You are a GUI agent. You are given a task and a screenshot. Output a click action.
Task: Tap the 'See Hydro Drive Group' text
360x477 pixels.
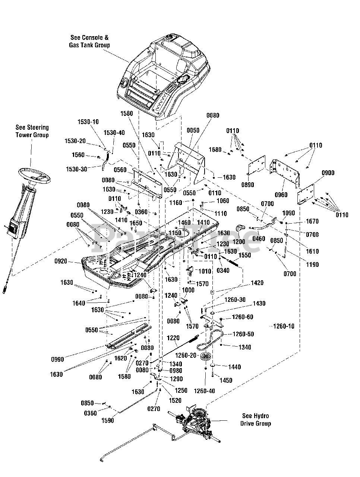[255, 420]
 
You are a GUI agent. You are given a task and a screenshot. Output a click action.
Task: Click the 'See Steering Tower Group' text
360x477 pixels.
[32, 131]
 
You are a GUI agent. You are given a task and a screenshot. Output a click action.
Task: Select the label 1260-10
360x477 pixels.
[284, 326]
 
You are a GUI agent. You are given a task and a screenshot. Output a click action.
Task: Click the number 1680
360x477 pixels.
[215, 150]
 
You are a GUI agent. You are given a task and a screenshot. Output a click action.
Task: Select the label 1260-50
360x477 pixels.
[243, 334]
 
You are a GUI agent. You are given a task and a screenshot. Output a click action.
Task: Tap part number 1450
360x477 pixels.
[226, 380]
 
